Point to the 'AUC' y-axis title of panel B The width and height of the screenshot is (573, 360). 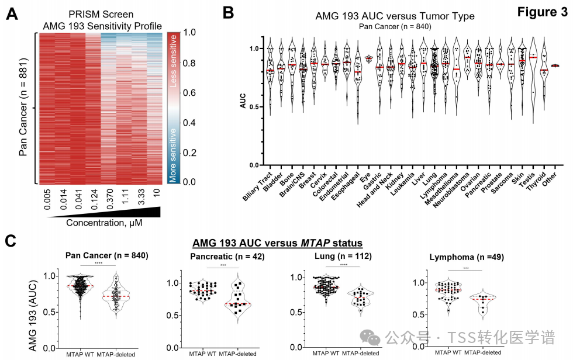coord(243,101)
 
